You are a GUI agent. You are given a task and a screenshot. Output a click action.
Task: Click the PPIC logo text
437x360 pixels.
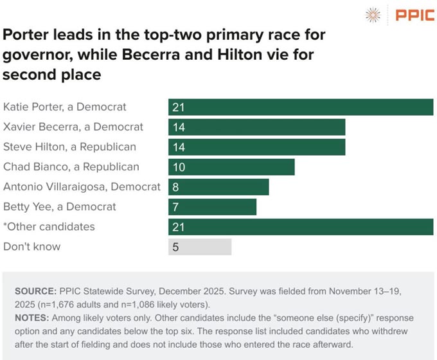point(415,15)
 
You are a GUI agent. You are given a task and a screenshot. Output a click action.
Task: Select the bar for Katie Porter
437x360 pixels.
point(301,107)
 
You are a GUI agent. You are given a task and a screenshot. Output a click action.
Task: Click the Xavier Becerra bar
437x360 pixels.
point(256,127)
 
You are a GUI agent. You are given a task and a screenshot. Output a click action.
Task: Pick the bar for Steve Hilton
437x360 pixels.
point(256,147)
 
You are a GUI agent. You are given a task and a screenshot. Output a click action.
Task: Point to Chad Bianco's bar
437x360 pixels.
point(231,167)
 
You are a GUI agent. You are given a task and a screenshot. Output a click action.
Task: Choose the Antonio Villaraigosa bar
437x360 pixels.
point(219,187)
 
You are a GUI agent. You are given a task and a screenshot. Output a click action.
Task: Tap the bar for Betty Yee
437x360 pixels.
point(212,207)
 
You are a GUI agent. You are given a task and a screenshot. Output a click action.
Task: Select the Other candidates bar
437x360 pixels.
point(301,227)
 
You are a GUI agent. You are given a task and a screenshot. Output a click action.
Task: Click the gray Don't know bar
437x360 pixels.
point(200,247)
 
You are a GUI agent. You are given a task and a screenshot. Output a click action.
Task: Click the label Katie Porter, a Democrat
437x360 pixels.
point(65,107)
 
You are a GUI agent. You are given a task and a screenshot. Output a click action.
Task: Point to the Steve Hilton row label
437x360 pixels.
point(69,147)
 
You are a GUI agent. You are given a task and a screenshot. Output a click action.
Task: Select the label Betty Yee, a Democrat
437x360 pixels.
point(60,206)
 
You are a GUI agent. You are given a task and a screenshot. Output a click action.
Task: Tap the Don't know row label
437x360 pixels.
point(31,246)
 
